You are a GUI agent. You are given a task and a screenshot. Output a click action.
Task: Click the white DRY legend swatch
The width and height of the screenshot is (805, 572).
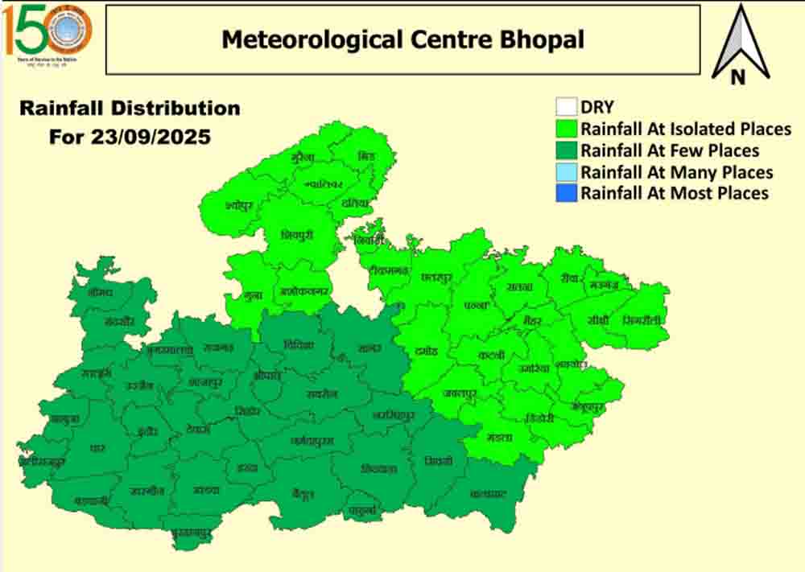(566, 107)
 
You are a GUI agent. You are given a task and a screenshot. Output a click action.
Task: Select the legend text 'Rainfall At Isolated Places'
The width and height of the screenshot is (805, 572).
(686, 129)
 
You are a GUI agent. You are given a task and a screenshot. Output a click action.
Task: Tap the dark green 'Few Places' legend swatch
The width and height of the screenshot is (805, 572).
(566, 150)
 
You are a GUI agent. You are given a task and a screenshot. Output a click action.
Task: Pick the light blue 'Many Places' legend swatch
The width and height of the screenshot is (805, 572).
(566, 172)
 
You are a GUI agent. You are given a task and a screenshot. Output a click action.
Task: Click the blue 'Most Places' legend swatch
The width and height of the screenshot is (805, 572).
(566, 193)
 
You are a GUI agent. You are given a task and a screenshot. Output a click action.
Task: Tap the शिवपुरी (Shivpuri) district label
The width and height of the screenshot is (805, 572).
(296, 235)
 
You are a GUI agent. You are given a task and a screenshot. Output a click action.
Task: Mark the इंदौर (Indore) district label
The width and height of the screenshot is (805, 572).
(147, 430)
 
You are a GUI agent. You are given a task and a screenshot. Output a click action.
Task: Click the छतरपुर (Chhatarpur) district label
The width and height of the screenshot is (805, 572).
(436, 277)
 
